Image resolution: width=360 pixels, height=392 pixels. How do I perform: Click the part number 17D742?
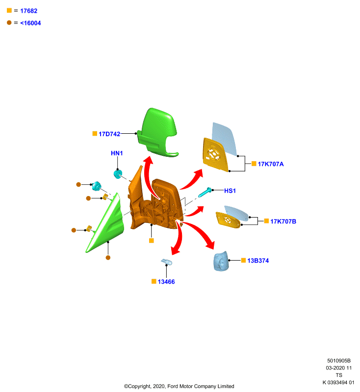109,134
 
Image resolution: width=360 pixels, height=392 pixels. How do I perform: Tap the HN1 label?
117,153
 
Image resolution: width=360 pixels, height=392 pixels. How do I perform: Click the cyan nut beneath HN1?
118,174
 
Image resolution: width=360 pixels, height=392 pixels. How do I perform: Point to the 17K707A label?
271,164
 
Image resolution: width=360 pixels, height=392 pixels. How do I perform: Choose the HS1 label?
230,191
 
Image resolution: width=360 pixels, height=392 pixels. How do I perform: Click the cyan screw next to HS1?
205,192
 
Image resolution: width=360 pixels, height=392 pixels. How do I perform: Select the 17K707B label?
283,221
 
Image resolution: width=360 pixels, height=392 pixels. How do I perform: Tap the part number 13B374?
258,261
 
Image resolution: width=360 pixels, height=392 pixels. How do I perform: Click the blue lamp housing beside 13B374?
221,261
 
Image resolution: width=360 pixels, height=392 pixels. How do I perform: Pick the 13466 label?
166,282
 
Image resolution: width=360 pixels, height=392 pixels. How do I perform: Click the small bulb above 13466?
167,262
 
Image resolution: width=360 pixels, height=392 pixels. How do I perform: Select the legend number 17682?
29,11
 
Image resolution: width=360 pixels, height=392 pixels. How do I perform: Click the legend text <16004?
30,23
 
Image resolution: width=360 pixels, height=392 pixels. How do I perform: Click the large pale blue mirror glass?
225,139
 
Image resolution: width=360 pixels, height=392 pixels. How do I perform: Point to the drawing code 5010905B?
339,361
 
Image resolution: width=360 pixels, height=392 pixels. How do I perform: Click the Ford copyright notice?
179,386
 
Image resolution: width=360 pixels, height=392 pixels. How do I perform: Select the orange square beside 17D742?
95,133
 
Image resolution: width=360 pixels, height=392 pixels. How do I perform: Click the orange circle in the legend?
9,23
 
